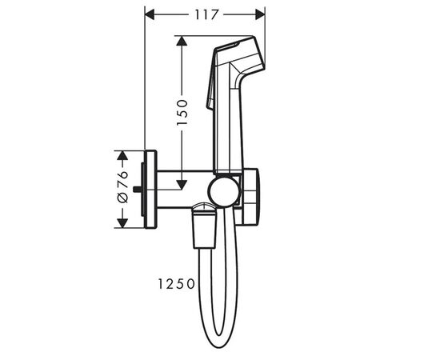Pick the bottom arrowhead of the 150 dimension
182,183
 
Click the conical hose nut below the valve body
204,231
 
